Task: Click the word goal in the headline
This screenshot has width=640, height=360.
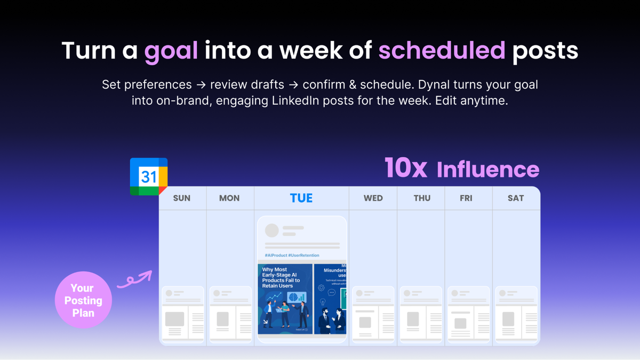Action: click(x=171, y=51)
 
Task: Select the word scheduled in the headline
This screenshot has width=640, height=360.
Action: click(x=442, y=51)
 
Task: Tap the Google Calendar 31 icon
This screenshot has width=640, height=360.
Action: click(x=148, y=177)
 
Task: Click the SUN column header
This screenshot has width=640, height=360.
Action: click(x=182, y=198)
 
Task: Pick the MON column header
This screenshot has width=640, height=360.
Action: click(x=229, y=198)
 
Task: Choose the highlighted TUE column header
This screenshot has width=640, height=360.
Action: click(x=301, y=198)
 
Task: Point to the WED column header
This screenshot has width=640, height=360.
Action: click(x=373, y=198)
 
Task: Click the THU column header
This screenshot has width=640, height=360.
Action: click(x=422, y=198)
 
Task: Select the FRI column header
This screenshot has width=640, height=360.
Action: click(x=466, y=198)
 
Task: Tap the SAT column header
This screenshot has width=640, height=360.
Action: click(x=516, y=198)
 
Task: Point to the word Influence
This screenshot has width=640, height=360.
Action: click(x=488, y=170)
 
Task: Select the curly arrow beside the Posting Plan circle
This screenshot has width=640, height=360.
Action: click(x=134, y=281)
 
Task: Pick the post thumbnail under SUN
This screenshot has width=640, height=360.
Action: click(x=183, y=314)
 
